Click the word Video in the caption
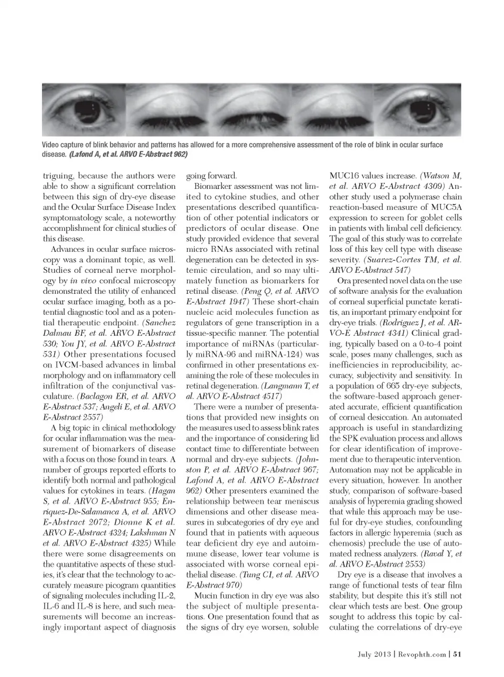51,145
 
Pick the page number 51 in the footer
457,654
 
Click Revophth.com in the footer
422,654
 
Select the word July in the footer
366,654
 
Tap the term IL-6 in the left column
51,606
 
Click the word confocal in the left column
117,281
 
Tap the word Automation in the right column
351,470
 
